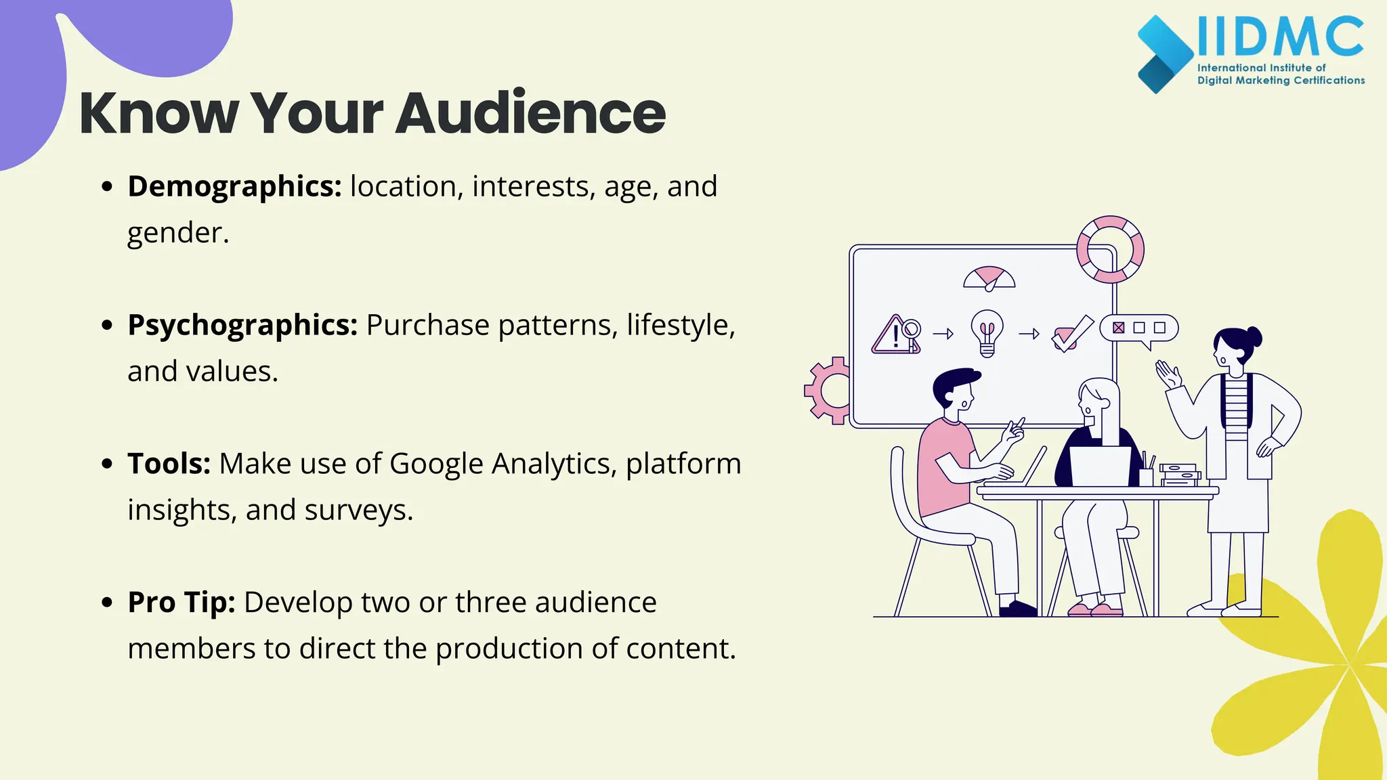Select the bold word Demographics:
coord(234,186)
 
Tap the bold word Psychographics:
coord(242,325)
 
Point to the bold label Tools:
coord(169,464)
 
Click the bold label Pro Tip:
coord(182,602)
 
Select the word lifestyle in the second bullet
coord(679,325)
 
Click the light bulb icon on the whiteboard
coord(987,332)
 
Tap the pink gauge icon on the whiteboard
coord(989,278)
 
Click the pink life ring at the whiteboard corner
coord(1110,249)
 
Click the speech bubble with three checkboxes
coord(1139,329)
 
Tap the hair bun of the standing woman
coord(1254,337)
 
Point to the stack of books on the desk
coord(1179,475)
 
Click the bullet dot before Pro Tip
coord(107,602)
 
